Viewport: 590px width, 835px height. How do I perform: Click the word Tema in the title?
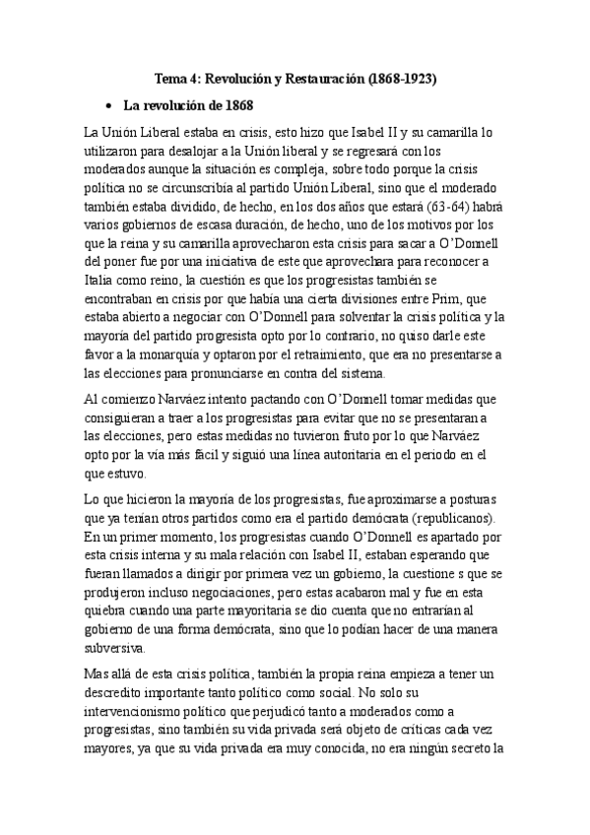pyautogui.click(x=173, y=77)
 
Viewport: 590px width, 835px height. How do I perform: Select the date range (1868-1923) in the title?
pyautogui.click(x=398, y=77)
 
